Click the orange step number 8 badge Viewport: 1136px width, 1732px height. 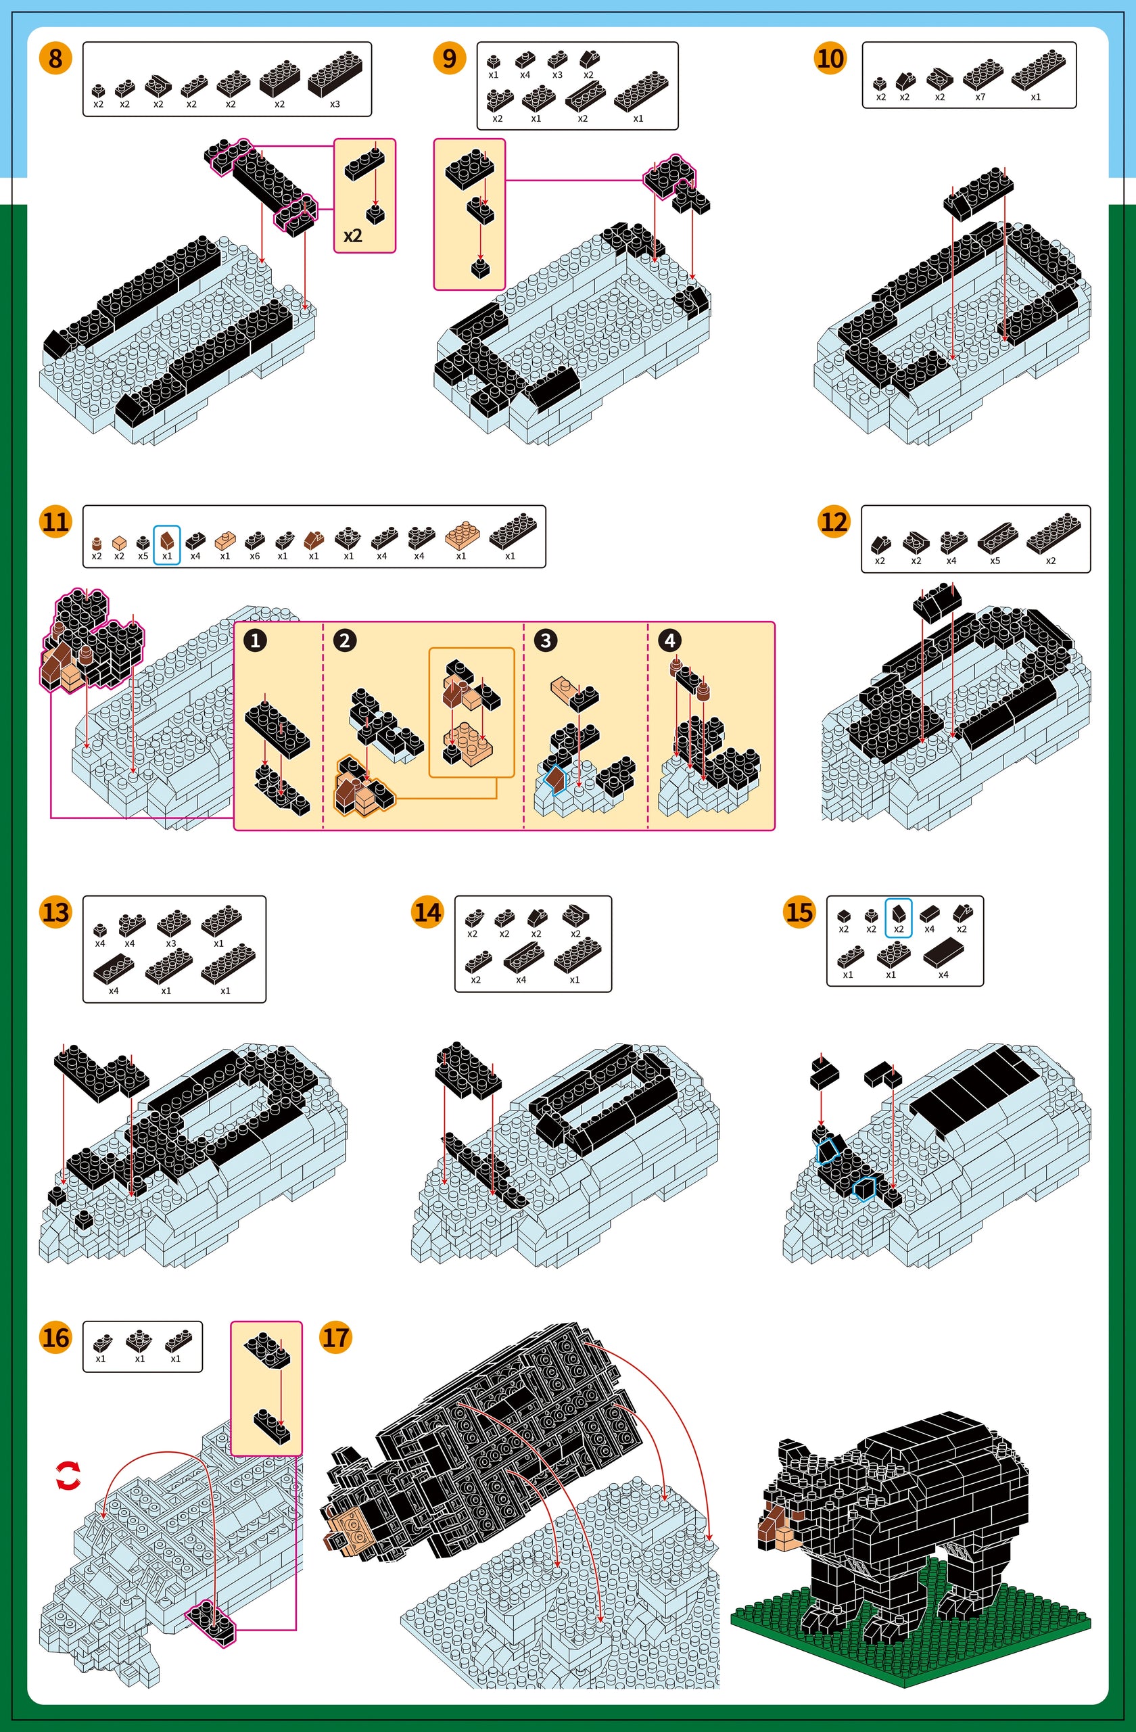point(56,58)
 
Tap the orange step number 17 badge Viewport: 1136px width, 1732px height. point(335,1338)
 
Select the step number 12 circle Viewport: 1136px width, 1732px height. point(834,522)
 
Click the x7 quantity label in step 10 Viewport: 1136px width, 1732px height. point(980,97)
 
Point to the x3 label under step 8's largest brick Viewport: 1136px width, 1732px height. point(335,104)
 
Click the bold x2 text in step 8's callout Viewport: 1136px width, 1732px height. point(353,236)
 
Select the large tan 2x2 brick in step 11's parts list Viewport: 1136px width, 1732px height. point(461,536)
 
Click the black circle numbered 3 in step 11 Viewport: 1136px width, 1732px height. point(545,640)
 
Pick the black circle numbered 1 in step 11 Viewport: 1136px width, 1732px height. point(255,640)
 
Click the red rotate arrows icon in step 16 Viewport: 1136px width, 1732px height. point(68,1476)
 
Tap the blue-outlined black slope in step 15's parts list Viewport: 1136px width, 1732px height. point(899,913)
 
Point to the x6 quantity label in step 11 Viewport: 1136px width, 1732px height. point(254,556)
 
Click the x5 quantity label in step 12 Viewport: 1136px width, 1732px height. point(995,561)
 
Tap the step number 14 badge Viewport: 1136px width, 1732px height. point(427,912)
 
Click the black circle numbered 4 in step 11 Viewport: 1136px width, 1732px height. point(669,640)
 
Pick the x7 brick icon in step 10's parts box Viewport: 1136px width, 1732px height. point(982,74)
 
